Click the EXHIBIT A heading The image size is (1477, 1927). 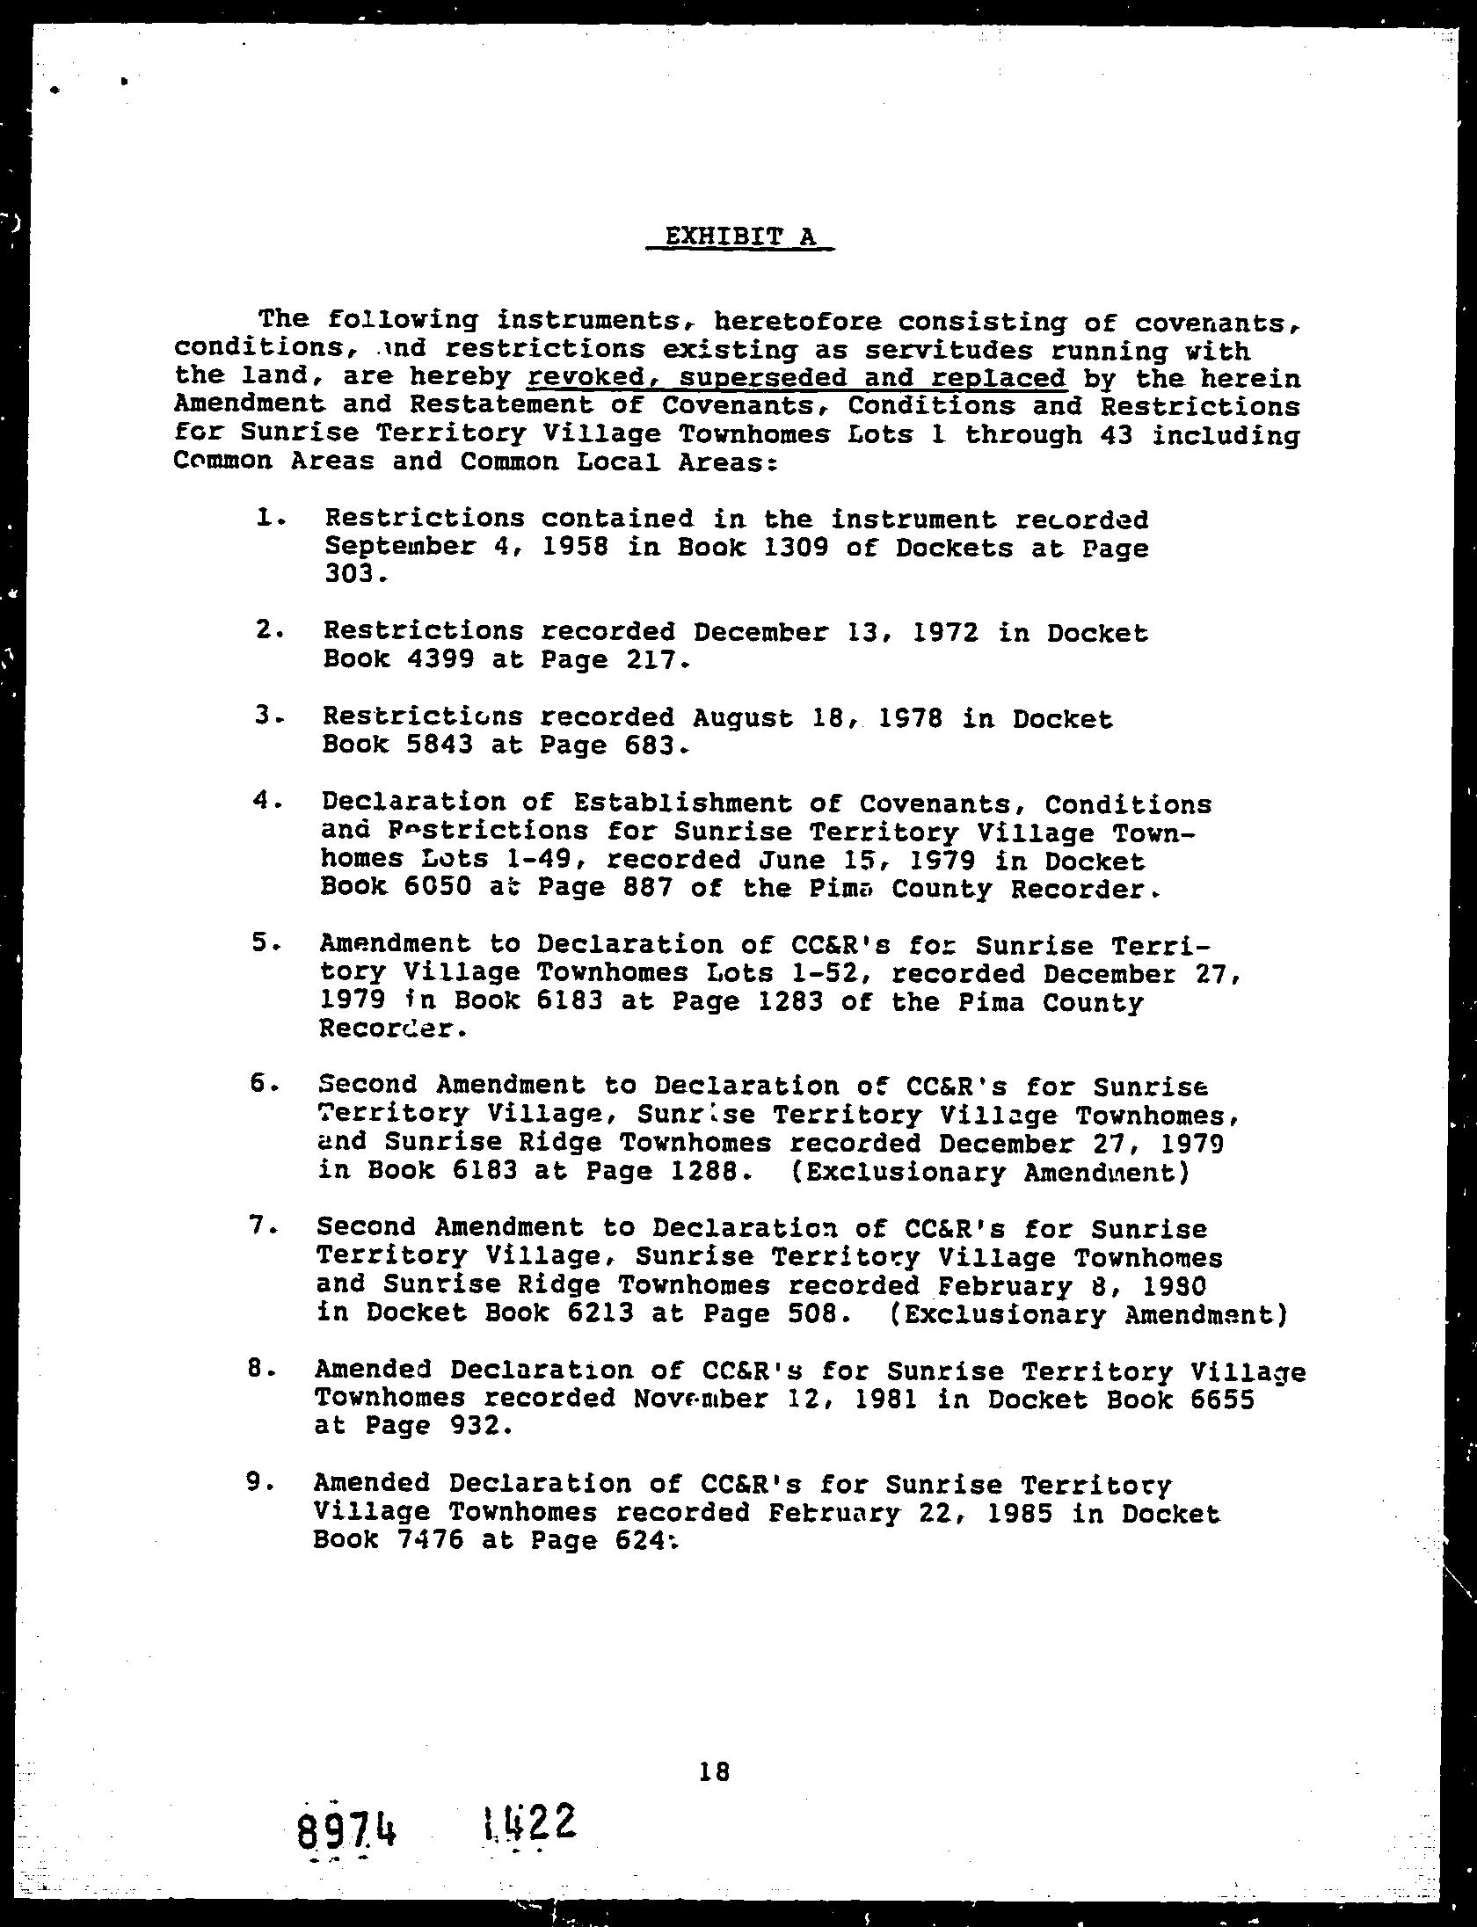(x=739, y=236)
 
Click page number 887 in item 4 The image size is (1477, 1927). (x=645, y=888)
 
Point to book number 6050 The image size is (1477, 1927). (x=439, y=888)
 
